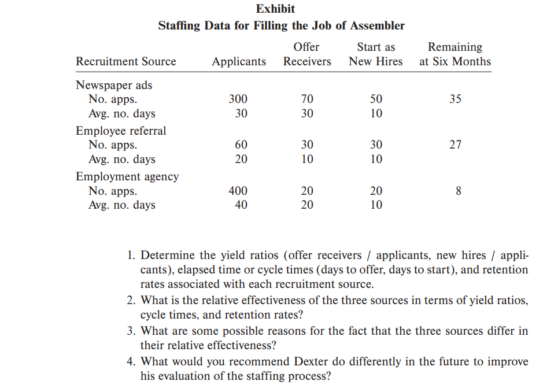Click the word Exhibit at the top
275,9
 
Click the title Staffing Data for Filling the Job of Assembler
281,25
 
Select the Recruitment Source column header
126,61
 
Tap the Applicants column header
239,61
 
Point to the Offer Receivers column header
307,54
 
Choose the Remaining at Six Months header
455,54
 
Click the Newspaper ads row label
114,85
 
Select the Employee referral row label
121,131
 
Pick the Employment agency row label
127,176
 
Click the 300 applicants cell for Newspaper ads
238,99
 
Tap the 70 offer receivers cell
307,99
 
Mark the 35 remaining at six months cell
455,99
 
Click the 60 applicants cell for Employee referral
241,145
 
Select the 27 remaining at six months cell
455,145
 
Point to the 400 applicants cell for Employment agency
238,191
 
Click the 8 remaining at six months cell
458,191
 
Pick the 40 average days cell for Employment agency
241,205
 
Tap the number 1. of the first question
130,255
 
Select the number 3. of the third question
130,331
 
